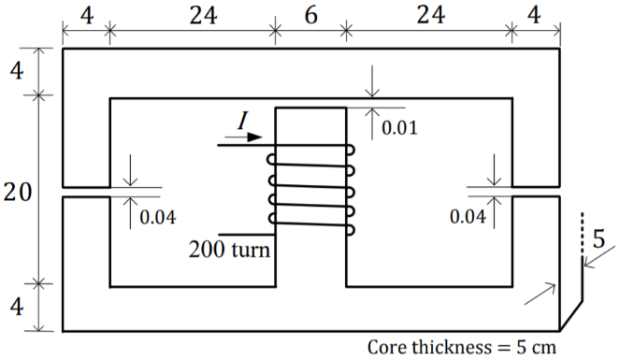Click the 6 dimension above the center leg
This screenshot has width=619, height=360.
pyautogui.click(x=309, y=15)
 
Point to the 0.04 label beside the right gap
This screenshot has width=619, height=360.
pyautogui.click(x=468, y=217)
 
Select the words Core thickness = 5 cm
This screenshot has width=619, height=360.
pyautogui.click(x=459, y=347)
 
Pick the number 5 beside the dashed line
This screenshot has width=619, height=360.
pyautogui.click(x=598, y=240)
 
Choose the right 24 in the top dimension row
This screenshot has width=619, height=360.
pyautogui.click(x=429, y=15)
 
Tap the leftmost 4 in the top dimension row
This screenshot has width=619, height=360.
pyautogui.click(x=86, y=15)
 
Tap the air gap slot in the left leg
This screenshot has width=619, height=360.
pyautogui.click(x=87, y=192)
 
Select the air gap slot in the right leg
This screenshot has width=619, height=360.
pyautogui.click(x=536, y=192)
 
